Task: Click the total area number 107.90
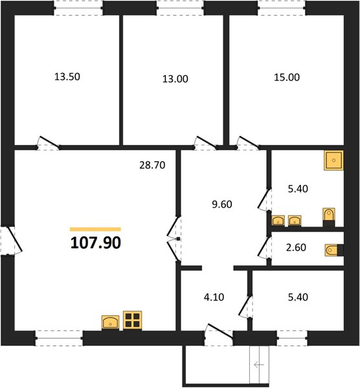click(96, 242)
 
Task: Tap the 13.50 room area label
click(67, 77)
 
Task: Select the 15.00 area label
click(287, 78)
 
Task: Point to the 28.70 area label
click(152, 165)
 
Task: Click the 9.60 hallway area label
click(222, 204)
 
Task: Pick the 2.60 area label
click(296, 248)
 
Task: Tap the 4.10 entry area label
click(214, 297)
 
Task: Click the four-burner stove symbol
click(133, 321)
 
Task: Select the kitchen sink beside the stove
click(110, 323)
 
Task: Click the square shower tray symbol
click(333, 160)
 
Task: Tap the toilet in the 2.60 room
click(333, 250)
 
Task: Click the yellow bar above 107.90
click(95, 230)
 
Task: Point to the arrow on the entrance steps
click(259, 365)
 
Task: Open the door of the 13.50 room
click(49, 143)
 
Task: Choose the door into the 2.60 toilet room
click(264, 248)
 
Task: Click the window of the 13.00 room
click(181, 8)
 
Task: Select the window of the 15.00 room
click(282, 8)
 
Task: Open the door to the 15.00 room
click(248, 143)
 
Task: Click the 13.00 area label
click(175, 79)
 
